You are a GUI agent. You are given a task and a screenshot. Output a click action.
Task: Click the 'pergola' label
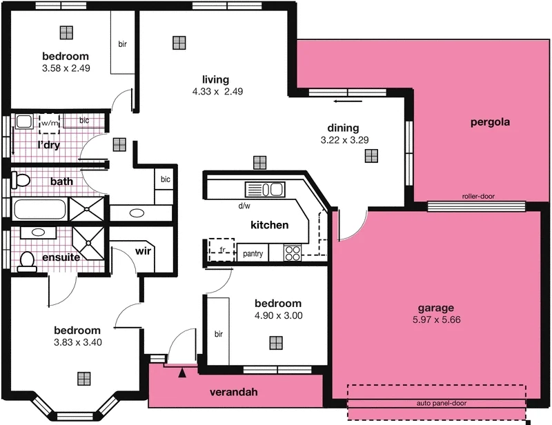pyautogui.click(x=489, y=123)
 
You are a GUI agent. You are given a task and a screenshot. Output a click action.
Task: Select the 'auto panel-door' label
pyautogui.click(x=437, y=403)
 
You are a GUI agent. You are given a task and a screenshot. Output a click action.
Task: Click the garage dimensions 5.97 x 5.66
pyautogui.click(x=436, y=319)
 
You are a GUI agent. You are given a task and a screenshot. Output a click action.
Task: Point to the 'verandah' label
pyautogui.click(x=233, y=393)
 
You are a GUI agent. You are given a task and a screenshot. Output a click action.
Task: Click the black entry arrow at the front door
pyautogui.click(x=182, y=373)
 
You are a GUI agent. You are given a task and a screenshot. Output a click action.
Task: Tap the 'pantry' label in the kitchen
pyautogui.click(x=253, y=254)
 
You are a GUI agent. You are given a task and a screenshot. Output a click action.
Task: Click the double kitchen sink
pyautogui.click(x=264, y=190)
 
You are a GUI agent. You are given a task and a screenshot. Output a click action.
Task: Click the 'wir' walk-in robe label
pyautogui.click(x=143, y=251)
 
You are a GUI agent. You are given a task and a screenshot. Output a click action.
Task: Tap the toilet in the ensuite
pyautogui.click(x=27, y=261)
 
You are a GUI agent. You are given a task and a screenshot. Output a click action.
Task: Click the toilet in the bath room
pyautogui.click(x=20, y=181)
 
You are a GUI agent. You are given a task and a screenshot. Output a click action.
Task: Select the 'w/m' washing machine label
pyautogui.click(x=49, y=123)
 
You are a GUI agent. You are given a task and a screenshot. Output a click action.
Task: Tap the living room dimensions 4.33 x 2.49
pyautogui.click(x=217, y=91)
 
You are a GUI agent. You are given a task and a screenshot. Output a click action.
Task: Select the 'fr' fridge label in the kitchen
pyautogui.click(x=222, y=250)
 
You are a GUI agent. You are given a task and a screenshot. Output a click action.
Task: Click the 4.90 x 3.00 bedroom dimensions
pyautogui.click(x=278, y=316)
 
